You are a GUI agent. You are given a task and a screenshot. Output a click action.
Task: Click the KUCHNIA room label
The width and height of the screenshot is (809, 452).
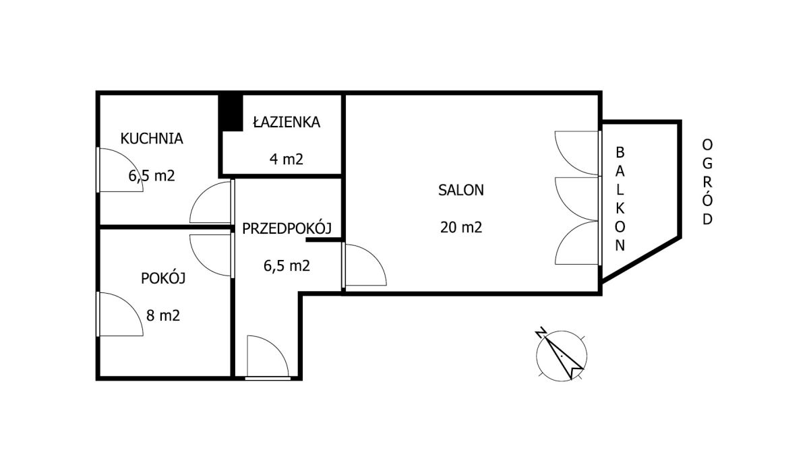point(152,139)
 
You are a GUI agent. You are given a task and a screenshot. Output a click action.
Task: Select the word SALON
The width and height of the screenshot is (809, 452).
point(461,190)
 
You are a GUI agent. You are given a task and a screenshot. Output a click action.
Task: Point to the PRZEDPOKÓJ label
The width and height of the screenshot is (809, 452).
point(287,228)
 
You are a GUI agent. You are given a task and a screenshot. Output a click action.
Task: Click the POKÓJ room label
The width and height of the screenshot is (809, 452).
point(163,278)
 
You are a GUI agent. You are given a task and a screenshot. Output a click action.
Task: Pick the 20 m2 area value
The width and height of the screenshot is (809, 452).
point(461,228)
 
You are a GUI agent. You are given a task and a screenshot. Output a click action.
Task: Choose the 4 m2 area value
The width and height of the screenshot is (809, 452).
point(287,159)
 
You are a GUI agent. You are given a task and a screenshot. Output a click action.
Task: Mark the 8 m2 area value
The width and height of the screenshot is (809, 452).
point(163,316)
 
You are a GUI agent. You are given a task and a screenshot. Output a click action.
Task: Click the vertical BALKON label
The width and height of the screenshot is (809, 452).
point(620,199)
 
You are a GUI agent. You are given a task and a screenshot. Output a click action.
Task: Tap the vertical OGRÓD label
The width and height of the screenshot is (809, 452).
point(707,182)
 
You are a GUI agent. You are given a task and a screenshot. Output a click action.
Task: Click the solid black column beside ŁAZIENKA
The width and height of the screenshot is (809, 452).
point(231,112)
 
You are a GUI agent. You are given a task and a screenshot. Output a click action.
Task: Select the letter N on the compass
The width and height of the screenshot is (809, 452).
point(541,333)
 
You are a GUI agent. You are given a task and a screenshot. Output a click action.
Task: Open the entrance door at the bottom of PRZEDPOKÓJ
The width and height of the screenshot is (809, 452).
point(268,357)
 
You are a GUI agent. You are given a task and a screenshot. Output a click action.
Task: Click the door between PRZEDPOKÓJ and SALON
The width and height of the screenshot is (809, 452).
point(364,265)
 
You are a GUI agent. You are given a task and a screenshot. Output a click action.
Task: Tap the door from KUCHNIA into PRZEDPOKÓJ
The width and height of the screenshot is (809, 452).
point(212,202)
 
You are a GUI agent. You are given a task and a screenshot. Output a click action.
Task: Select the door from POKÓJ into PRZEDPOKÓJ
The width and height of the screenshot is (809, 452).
point(212,255)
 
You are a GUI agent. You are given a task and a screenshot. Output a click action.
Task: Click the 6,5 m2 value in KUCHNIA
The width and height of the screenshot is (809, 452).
point(152,176)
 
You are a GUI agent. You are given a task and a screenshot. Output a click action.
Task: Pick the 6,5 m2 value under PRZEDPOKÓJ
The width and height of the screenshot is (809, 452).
point(287,266)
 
